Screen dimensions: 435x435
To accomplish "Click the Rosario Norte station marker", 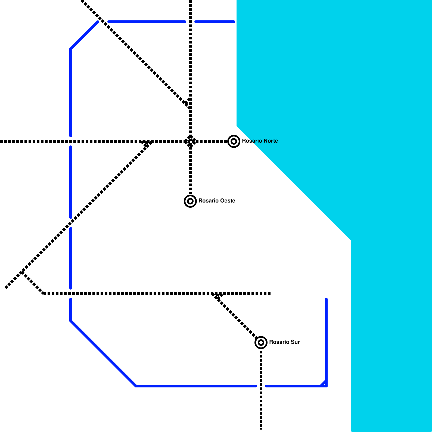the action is coord(234,141).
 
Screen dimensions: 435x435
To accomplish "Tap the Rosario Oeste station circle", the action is coord(190,201).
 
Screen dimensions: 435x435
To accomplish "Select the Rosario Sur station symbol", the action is coord(261,343).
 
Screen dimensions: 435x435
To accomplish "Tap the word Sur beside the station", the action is coord(295,342).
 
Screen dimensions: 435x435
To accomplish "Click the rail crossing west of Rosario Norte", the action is coord(190,141).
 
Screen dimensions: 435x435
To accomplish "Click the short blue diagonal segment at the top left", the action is coord(84,35).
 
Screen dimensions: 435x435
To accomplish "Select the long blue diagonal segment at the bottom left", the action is coord(103,353).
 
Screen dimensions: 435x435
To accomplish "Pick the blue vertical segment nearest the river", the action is coord(326,340).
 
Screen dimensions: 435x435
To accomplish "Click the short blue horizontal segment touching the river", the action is coord(215,22).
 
